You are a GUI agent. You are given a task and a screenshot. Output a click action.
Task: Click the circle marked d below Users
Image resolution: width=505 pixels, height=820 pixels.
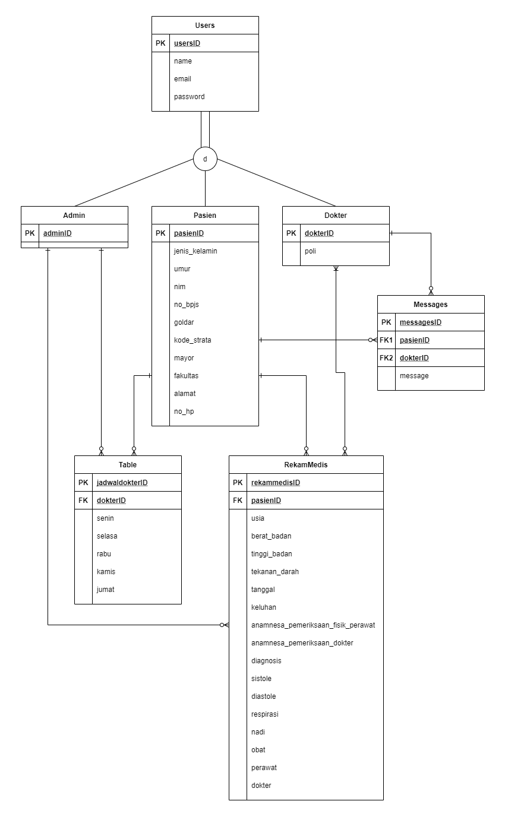pos(205,159)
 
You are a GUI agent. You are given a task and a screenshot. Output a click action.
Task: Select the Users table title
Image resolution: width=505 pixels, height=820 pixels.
pos(205,26)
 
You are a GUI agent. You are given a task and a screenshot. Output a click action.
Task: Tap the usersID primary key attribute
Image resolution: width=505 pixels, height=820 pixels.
pos(187,43)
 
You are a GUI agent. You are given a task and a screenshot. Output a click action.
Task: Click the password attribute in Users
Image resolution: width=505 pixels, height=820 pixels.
pos(189,97)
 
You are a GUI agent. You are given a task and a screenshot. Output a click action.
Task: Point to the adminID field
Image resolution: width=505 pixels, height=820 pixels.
pos(58,233)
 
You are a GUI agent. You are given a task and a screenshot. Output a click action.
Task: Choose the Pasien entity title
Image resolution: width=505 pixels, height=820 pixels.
pos(205,216)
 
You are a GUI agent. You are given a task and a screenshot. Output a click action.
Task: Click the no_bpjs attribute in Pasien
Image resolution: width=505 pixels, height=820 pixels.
pos(187,305)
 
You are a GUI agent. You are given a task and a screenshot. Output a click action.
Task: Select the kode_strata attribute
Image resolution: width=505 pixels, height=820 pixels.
pos(192,340)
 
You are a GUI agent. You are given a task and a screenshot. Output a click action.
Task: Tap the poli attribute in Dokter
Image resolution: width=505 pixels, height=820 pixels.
pos(310,251)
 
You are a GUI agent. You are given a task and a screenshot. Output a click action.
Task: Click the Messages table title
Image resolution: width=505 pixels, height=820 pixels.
pos(431,305)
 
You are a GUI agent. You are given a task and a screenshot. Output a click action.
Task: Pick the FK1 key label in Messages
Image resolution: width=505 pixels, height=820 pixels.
pos(386,340)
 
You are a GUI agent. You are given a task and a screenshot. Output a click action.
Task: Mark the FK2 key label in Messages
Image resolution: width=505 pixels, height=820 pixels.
pos(386,358)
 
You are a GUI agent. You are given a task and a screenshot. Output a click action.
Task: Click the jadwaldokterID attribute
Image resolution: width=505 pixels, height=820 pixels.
pos(122,483)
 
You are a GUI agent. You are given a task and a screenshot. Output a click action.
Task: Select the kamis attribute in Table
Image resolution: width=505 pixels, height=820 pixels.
pos(106,572)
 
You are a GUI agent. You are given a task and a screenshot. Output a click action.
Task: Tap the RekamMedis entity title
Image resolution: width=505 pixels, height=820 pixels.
pos(306,465)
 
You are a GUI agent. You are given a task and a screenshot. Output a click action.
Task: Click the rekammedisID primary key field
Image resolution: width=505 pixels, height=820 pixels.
pos(276,483)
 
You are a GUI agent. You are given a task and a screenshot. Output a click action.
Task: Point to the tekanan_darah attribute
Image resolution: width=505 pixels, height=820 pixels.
pos(275,572)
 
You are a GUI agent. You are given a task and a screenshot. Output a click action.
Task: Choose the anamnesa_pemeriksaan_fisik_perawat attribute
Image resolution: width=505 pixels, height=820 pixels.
pos(313,625)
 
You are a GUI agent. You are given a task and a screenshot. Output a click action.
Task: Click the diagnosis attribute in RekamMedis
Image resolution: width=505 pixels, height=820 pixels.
pos(266,661)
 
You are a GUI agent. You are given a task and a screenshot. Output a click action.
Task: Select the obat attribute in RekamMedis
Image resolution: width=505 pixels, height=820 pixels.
pos(258,750)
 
